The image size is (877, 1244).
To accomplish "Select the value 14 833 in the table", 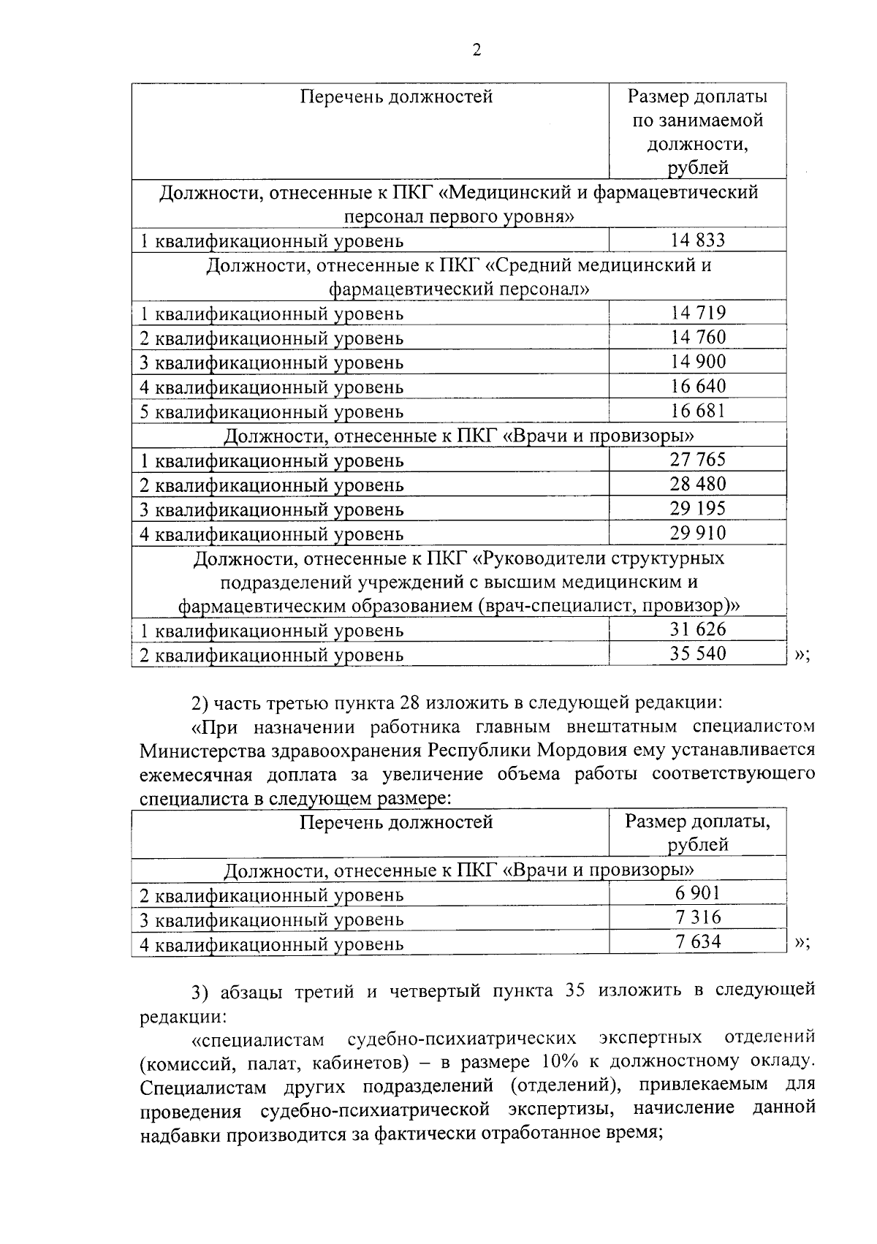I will coord(698,240).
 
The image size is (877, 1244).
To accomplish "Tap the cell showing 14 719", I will coord(698,313).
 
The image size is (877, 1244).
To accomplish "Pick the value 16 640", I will coord(698,386).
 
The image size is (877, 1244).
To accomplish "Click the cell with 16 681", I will coord(698,411).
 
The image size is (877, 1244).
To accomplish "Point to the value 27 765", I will coord(698,460).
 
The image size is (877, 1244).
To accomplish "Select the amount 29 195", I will coord(698,509).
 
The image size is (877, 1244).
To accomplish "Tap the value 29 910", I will coord(698,533).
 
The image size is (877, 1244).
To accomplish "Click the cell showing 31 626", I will coord(698,629).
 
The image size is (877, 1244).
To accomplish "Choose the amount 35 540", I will coord(698,653).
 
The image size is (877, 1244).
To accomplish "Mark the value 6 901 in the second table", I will coord(698,893).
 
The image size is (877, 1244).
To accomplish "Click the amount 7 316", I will coord(698,918).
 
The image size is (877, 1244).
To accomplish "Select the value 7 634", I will coord(698,942).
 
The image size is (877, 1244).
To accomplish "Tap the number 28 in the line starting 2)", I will coord(409,703).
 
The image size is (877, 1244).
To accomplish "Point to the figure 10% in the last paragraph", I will coord(560,1061).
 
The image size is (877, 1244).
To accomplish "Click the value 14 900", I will coord(698,362).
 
